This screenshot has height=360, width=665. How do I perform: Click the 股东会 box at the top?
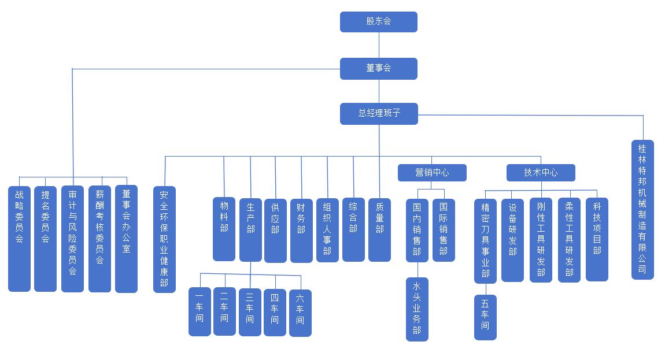pos(378,22)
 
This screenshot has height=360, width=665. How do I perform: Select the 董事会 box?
pos(378,68)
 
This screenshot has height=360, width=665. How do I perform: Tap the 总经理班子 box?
pos(378,113)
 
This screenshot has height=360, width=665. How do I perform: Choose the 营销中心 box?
pos(431,172)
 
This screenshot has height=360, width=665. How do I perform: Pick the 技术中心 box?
pos(541,172)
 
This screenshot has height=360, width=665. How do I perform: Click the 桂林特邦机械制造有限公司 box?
pos(642,209)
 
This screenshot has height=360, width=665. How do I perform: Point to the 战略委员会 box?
pos(19,238)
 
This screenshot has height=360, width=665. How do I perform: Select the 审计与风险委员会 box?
pos(72,238)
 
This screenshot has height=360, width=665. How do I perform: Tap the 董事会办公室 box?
pos(126,238)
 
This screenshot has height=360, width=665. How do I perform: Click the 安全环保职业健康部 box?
pos(164,239)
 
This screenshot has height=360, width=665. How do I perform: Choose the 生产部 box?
pos(250,229)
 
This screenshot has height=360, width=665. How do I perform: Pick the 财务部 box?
pos(301,230)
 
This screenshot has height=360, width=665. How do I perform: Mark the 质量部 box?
pos(379,229)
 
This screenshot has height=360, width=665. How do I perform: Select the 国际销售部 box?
pos(444,229)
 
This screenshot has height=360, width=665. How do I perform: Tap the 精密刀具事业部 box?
pos(485,241)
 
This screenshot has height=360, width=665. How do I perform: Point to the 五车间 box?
pos(485,317)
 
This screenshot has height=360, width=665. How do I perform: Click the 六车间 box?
pos(300,312)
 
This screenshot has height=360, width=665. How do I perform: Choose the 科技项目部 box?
pos(597,239)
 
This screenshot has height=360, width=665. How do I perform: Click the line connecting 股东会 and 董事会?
pos(379,45)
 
